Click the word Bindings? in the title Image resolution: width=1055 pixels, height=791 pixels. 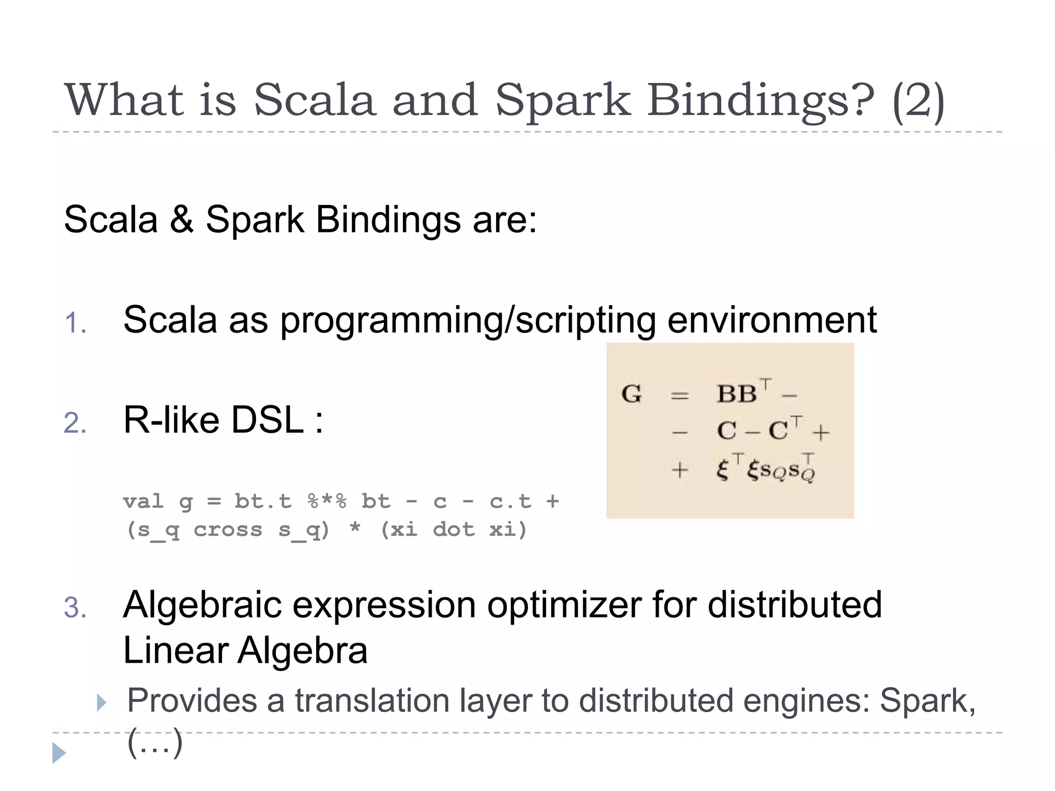[x=760, y=100]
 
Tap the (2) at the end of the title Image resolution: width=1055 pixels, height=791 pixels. [x=918, y=100]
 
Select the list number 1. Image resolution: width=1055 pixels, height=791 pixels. [x=75, y=323]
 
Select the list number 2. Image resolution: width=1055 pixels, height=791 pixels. [x=75, y=423]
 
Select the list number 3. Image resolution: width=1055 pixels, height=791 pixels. [x=75, y=608]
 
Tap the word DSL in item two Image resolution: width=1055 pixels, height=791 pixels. [x=267, y=420]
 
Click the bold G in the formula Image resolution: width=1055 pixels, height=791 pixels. [x=632, y=394]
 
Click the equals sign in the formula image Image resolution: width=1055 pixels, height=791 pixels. [x=679, y=395]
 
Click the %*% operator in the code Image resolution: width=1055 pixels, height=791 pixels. [x=327, y=501]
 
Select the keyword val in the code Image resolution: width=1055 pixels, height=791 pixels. [x=143, y=501]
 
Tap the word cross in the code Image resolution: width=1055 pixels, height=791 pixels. [x=228, y=529]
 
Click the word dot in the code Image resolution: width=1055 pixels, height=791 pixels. [x=453, y=529]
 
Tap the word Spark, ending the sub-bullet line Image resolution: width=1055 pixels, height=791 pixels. [x=927, y=701]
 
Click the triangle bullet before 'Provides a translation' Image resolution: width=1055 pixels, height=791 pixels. [x=101, y=702]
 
